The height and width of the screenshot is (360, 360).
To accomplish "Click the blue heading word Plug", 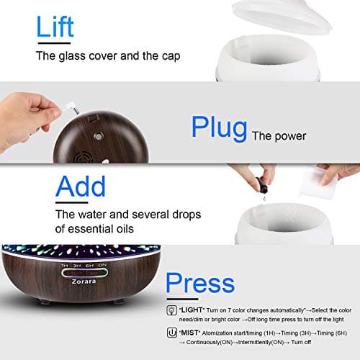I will [219, 126].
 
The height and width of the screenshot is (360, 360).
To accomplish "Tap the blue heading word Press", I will [199, 282].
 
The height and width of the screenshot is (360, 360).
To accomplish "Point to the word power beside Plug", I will [289, 135].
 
